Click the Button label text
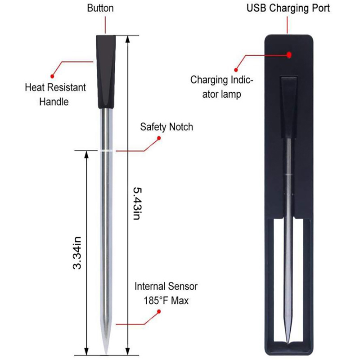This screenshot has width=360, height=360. pyautogui.click(x=100, y=8)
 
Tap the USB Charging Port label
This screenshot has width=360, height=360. pyautogui.click(x=288, y=8)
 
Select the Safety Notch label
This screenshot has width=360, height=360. pyautogui.click(x=166, y=127)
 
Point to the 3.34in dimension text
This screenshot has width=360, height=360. pyautogui.click(x=77, y=253)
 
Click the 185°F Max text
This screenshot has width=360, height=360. pyautogui.click(x=166, y=301)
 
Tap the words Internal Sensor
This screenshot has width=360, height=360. pyautogui.click(x=166, y=286)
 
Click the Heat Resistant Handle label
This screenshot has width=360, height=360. pyautogui.click(x=55, y=94)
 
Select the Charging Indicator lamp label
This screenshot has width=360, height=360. pyautogui.click(x=221, y=87)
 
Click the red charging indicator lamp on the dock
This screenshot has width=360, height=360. pyautogui.click(x=289, y=55)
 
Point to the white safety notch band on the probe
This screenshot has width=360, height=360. pyautogui.click(x=106, y=151)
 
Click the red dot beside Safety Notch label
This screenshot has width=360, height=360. pyautogui.click(x=159, y=138)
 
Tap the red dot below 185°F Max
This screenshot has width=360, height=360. pyautogui.click(x=159, y=311)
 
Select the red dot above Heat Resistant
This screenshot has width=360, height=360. pyautogui.click(x=52, y=76)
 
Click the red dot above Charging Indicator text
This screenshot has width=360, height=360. pyautogui.click(x=236, y=70)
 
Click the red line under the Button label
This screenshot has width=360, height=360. pyautogui.click(x=105, y=25)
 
